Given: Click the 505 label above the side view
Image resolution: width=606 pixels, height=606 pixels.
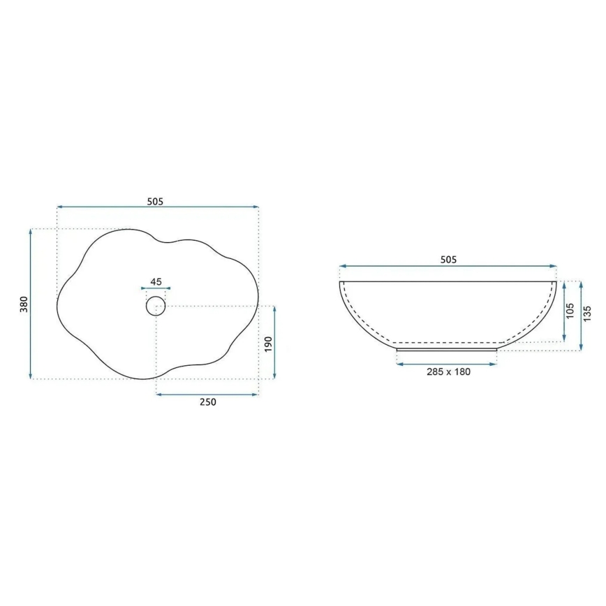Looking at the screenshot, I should pyautogui.click(x=448, y=260).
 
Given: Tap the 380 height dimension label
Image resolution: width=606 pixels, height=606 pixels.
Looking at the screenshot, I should pyautogui.click(x=24, y=304).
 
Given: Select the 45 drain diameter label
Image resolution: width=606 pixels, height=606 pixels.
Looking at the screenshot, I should pyautogui.click(x=156, y=282).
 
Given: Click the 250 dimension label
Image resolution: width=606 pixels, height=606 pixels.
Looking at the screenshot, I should pyautogui.click(x=207, y=402).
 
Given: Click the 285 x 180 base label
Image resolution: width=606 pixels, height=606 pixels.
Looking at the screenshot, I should pyautogui.click(x=448, y=371).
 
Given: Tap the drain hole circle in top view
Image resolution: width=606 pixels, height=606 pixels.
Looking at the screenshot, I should pyautogui.click(x=156, y=305).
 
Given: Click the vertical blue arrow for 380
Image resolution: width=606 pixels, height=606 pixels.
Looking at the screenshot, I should pyautogui.click(x=31, y=304).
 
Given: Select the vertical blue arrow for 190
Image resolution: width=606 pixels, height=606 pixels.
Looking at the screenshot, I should pyautogui.click(x=274, y=343).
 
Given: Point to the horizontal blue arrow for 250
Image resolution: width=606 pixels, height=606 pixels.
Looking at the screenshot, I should pyautogui.click(x=207, y=394).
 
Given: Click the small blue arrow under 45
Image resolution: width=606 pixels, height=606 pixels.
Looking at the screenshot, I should pyautogui.click(x=156, y=288).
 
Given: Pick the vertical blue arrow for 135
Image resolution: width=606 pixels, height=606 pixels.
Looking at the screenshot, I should pyautogui.click(x=580, y=316).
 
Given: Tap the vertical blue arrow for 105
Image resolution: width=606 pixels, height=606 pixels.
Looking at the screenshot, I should pyautogui.click(x=563, y=312).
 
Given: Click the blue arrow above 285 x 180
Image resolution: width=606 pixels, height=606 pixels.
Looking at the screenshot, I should pyautogui.click(x=447, y=363).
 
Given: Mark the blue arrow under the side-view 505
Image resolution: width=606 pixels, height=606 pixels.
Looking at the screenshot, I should pyautogui.click(x=448, y=267).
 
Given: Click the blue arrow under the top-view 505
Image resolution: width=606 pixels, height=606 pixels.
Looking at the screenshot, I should pyautogui.click(x=158, y=207).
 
